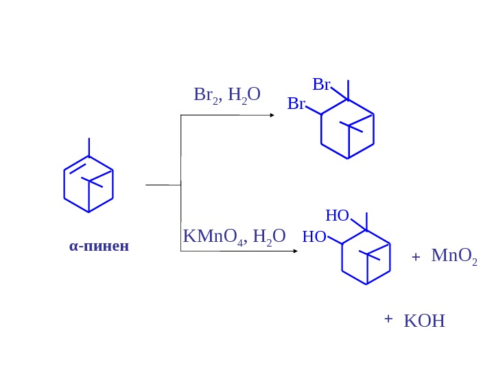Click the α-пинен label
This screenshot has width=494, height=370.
click(x=99, y=246)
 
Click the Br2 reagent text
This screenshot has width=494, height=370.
click(x=205, y=95)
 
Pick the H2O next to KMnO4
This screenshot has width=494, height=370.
click(x=269, y=237)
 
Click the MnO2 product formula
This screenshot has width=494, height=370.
click(x=454, y=256)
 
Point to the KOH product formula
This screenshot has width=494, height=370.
click(x=424, y=321)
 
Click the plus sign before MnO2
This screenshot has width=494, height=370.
click(x=415, y=257)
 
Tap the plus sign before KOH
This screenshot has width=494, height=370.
click(x=388, y=319)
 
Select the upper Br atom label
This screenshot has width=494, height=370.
click(x=321, y=85)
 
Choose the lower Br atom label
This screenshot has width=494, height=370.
click(x=296, y=104)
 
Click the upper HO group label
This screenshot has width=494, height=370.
click(x=337, y=216)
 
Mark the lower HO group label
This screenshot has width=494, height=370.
click(x=314, y=237)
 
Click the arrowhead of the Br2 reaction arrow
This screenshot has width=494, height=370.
click(x=272, y=115)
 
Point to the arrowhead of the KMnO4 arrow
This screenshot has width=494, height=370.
click(x=295, y=251)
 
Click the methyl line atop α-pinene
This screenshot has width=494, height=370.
click(x=89, y=147)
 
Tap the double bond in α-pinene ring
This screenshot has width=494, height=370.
click(x=76, y=166)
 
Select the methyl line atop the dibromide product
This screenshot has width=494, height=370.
click(x=348, y=90)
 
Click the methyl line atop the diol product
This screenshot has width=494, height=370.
click(x=366, y=221)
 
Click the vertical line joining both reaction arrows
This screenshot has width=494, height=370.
click(x=180, y=183)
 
